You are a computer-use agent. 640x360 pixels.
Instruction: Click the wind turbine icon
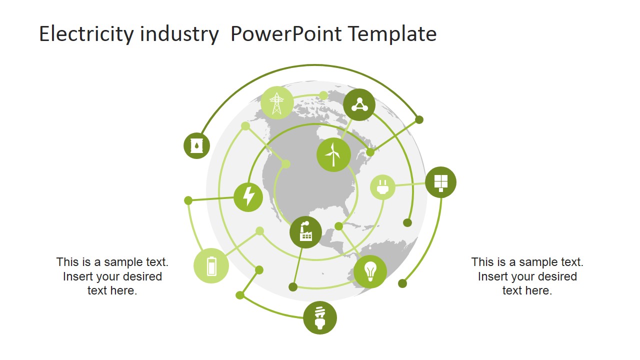coord(333,154)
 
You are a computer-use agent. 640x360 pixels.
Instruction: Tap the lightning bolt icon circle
coord(248,197)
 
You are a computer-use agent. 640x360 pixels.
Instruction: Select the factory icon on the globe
coord(305,232)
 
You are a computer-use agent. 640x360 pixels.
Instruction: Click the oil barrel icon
coord(196,146)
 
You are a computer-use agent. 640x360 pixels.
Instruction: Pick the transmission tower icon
coord(277,102)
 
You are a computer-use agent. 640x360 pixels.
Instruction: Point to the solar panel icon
coord(440,182)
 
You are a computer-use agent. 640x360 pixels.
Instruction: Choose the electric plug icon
coord(382,187)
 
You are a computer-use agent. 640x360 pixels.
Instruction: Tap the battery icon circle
coord(211,265)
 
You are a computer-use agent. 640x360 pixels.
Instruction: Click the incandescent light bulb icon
coord(370,271)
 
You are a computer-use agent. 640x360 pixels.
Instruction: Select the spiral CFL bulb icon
coord(320,318)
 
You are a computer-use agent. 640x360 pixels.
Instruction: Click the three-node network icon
coord(359,104)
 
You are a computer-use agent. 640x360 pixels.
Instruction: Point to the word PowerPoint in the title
coord(285,34)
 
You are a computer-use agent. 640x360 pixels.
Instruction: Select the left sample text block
coord(112,276)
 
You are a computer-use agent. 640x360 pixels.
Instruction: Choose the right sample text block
coord(527,276)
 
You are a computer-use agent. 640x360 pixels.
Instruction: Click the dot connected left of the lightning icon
coord(188,200)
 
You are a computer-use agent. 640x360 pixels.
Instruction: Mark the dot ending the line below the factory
coord(293,287)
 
